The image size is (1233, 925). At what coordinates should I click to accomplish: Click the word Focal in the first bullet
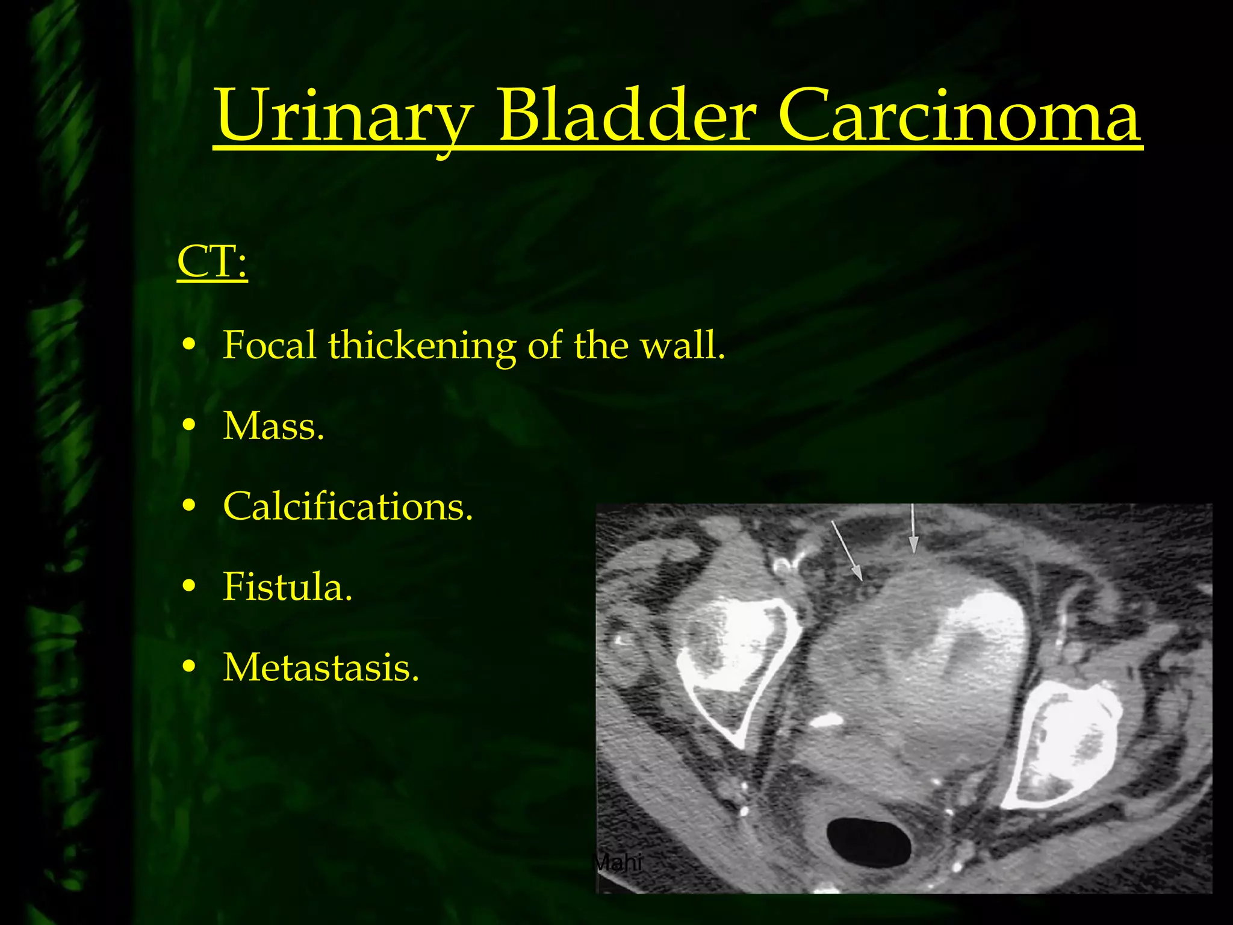(x=269, y=346)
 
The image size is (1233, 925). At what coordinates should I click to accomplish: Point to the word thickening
(x=421, y=346)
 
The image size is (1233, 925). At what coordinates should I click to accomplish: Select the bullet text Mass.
(x=273, y=426)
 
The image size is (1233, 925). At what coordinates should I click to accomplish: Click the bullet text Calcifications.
(x=347, y=506)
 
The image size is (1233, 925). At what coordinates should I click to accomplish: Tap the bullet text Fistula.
(x=287, y=587)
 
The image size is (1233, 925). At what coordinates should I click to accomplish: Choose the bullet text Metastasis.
(x=320, y=668)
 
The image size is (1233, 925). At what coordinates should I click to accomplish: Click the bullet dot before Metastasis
(x=189, y=667)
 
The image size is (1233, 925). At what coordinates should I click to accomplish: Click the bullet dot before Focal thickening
(x=189, y=345)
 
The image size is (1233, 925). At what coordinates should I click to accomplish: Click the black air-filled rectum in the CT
(x=869, y=843)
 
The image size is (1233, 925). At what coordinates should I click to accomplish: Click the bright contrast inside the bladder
(x=987, y=638)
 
